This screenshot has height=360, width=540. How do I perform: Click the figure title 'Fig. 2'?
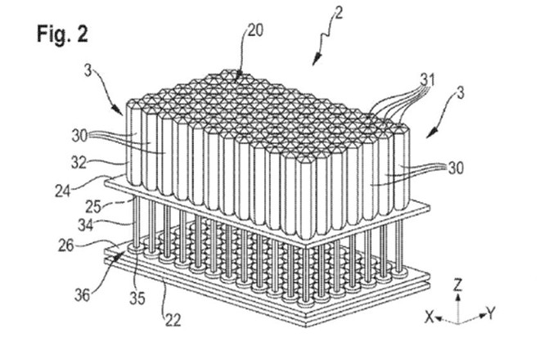tap(62, 34)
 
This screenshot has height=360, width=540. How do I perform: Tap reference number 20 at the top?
tap(255, 30)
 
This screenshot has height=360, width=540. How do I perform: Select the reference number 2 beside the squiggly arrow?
tap(339, 13)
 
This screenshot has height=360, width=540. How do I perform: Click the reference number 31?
tap(427, 80)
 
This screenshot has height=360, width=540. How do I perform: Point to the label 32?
tap(79, 163)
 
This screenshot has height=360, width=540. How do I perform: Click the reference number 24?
tap(63, 191)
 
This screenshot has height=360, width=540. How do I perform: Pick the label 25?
tap(93, 207)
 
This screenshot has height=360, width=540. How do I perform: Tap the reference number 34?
tap(86, 225)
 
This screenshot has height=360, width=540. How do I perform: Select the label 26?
tap(65, 246)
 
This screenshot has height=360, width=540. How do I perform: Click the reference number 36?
tap(83, 295)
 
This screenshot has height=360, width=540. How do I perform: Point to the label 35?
tap(137, 299)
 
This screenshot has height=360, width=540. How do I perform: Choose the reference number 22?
tap(173, 321)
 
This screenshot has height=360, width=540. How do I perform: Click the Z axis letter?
tap(457, 285)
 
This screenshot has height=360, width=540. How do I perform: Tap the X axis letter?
tap(429, 317)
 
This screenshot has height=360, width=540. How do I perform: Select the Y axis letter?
tap(491, 314)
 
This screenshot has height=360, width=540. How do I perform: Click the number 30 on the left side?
tap(79, 136)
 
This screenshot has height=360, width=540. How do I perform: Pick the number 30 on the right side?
tap(456, 168)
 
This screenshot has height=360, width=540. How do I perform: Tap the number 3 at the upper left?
tap(88, 71)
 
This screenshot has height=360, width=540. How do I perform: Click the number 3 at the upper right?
tap(461, 93)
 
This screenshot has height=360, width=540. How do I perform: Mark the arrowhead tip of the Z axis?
tap(457, 293)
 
